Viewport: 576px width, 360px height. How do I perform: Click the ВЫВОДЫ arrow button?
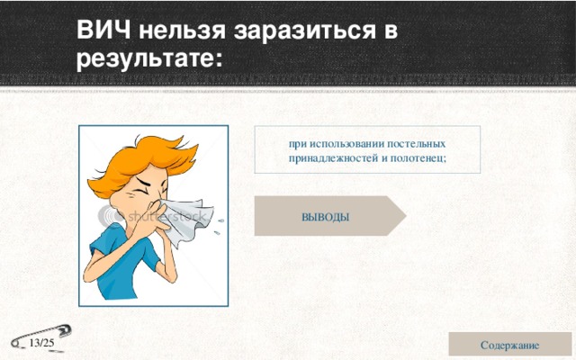pyautogui.click(x=327, y=217)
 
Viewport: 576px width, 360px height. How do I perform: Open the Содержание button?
pyautogui.click(x=510, y=345)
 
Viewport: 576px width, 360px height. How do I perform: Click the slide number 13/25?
pyautogui.click(x=40, y=344)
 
